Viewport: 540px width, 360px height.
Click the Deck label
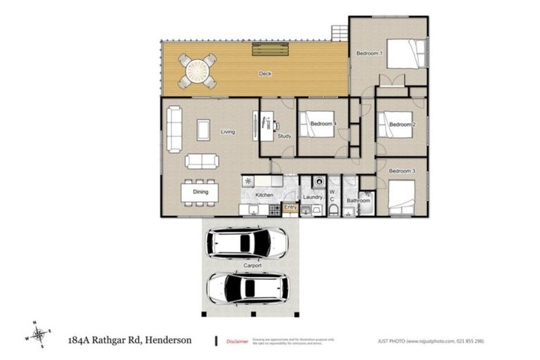point(265,73)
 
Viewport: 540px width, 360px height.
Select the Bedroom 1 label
point(369,53)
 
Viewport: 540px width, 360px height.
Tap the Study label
point(284,136)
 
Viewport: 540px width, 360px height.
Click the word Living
point(227,131)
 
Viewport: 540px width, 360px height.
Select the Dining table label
point(200,191)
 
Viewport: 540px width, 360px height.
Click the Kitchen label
point(264,195)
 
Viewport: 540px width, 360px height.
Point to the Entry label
point(290,207)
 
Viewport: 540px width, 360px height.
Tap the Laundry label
point(313,198)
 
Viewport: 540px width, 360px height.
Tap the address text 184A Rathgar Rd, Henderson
point(131,340)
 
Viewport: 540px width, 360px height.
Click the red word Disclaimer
point(238,342)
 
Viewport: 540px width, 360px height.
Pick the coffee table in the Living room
point(203,129)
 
